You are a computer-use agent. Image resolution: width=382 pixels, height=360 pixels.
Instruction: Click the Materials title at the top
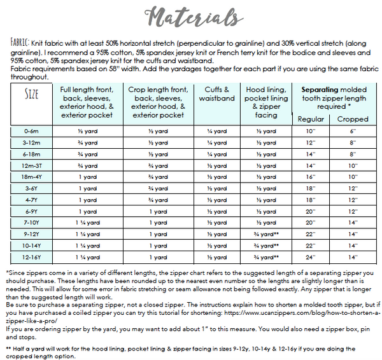(190, 15)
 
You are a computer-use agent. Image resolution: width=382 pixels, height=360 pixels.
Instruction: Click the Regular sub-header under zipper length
(311, 119)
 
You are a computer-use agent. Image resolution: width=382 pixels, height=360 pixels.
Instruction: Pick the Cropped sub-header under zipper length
(352, 119)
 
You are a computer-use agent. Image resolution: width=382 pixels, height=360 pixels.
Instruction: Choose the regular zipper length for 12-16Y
(311, 257)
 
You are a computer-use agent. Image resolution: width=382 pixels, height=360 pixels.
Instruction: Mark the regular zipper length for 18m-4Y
(311, 176)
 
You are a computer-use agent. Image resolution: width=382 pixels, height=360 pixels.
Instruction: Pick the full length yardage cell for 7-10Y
(87, 223)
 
